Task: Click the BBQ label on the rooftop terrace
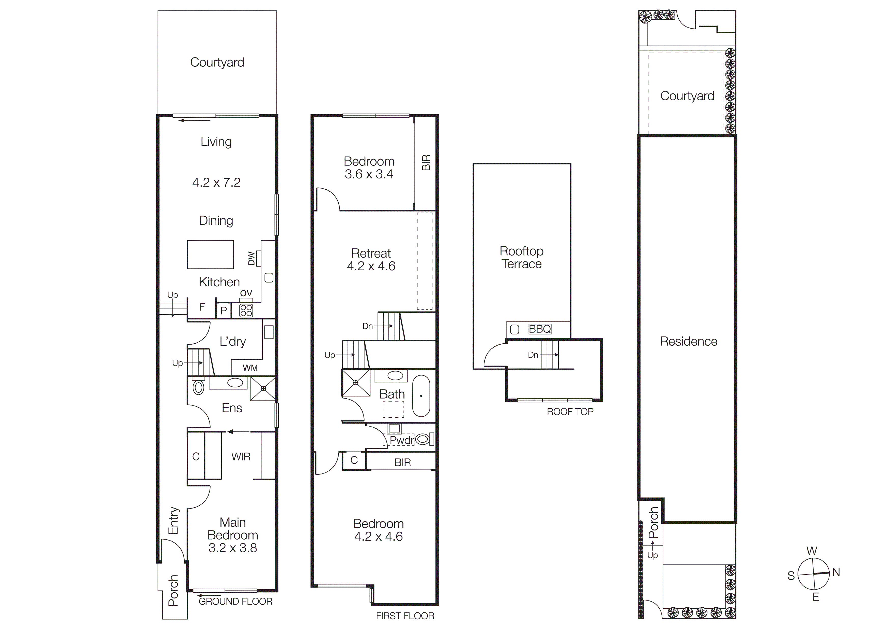point(540,329)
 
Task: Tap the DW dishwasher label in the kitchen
point(251,259)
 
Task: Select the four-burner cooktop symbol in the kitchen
point(246,310)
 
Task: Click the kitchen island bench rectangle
point(211,255)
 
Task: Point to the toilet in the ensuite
point(198,387)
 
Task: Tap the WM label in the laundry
point(250,368)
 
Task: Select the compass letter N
point(836,572)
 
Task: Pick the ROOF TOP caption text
point(570,412)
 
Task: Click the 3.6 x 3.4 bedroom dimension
point(369,174)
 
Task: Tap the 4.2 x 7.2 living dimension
point(216,182)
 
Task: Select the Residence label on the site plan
point(688,341)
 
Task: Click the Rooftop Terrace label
point(522,257)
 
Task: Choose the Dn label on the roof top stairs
point(533,355)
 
